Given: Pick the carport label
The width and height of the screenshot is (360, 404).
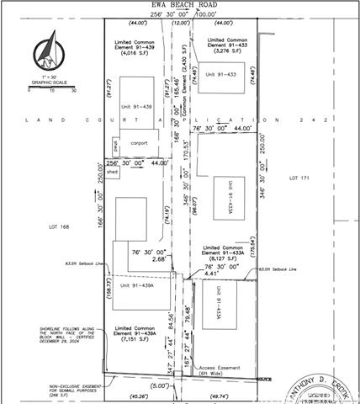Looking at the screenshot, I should click(138, 143).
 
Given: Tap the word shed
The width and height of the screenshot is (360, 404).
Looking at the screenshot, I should click(112, 172).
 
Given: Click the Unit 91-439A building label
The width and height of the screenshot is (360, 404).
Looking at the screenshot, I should click(135, 285).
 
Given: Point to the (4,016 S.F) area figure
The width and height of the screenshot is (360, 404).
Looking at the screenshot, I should click(135, 53).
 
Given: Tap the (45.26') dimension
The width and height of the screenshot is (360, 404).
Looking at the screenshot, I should click(130, 395).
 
